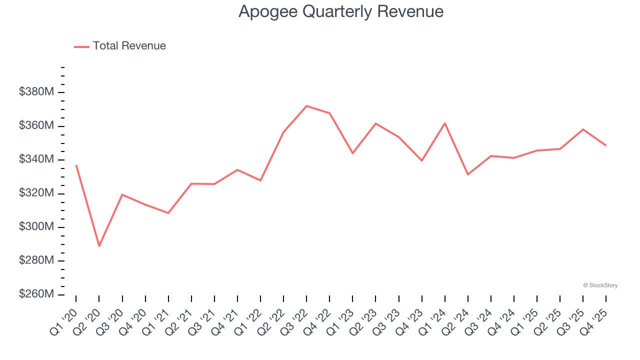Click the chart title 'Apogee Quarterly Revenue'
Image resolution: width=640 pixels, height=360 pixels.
coord(341,11)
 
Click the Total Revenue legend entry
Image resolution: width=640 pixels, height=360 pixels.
coord(120,46)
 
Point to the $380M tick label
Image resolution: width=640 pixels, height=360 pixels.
coord(36,92)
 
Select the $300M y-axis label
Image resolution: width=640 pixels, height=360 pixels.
coord(36,227)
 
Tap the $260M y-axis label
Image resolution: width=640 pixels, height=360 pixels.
coord(36,294)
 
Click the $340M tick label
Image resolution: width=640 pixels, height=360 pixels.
coord(36,159)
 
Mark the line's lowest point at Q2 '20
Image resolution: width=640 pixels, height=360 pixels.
coord(99,246)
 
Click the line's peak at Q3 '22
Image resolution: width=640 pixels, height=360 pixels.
coord(306,106)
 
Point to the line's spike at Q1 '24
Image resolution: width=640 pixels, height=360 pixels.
coord(444,123)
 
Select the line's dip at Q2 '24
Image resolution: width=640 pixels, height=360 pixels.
coord(468,174)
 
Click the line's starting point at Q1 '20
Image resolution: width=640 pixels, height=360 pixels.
coord(76,165)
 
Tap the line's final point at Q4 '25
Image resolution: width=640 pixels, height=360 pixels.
coord(606,145)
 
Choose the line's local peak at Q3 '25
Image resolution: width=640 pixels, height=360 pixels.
coord(583,129)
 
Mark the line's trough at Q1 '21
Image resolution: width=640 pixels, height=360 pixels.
coord(168,213)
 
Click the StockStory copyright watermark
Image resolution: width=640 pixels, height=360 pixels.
coord(600,285)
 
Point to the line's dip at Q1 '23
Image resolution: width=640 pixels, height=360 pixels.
coord(352,153)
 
